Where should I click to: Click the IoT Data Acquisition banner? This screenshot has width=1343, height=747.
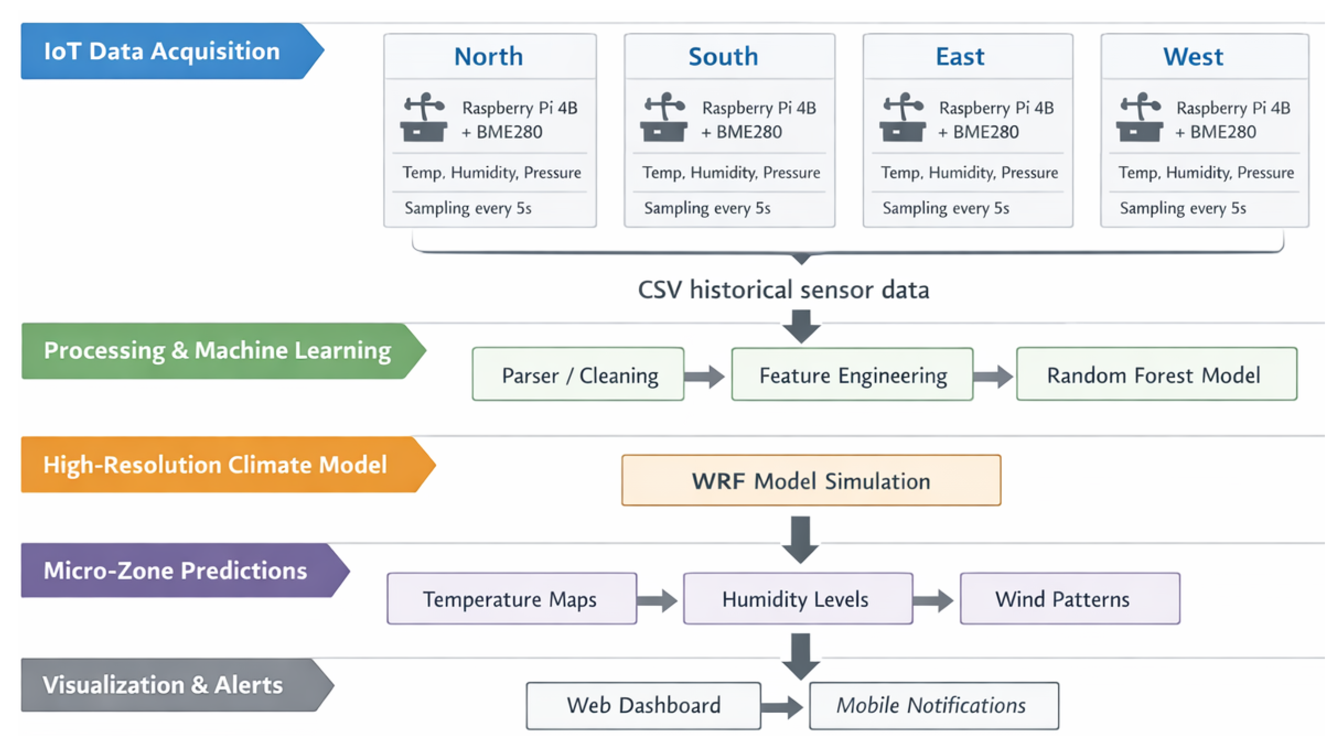pos(172,51)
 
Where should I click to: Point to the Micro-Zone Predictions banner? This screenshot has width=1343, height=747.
pos(185,570)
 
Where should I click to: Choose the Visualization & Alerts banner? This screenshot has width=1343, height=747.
pos(177,685)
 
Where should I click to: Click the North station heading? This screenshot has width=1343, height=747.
pos(489,56)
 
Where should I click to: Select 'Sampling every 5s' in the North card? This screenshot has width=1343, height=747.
pos(468,208)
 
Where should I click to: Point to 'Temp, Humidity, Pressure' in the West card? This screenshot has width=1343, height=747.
pos(1206,172)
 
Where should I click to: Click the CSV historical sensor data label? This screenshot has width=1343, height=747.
pos(784,290)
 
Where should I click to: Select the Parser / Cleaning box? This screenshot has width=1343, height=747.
pos(578,374)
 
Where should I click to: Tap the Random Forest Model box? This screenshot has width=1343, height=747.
pos(1157,374)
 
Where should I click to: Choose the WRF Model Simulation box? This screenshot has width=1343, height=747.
pos(811,480)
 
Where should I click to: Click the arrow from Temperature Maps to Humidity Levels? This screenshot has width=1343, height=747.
pos(657,601)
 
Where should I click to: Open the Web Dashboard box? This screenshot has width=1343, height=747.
pos(643,706)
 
